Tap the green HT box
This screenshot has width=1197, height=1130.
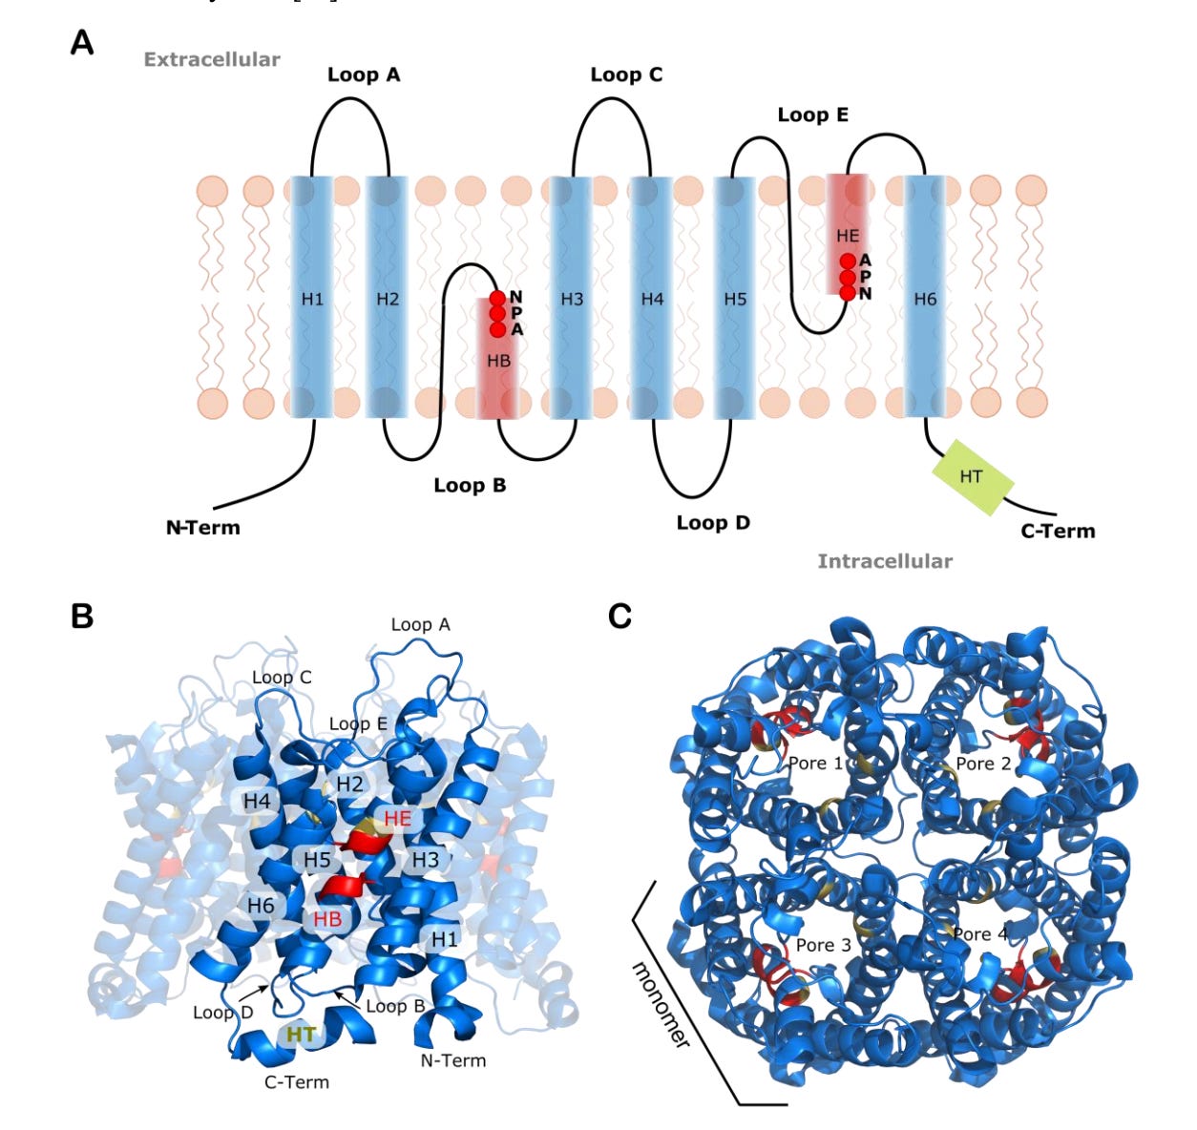972,476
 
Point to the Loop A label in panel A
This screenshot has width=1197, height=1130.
364,74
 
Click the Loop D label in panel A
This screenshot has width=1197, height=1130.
713,523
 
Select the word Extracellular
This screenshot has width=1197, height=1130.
212,59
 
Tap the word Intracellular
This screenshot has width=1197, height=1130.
885,561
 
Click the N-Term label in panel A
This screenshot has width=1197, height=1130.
203,527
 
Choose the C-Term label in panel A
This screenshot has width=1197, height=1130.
1058,532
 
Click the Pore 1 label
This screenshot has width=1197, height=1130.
815,764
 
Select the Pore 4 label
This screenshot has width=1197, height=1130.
981,934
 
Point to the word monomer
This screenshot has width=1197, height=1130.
661,1004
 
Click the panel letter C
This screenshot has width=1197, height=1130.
620,617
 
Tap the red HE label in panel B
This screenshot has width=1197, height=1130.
398,819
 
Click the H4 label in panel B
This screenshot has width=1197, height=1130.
257,801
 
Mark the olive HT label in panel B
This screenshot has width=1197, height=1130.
302,1034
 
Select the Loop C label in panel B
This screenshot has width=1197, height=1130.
282,678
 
